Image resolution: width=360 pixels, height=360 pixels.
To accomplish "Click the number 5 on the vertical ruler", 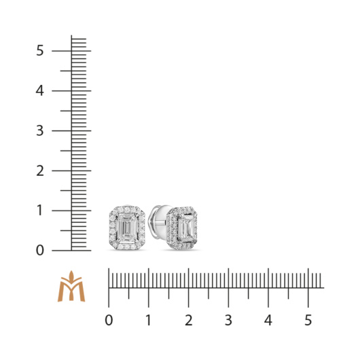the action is [39, 50].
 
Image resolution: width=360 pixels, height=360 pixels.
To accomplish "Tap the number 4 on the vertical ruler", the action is [39, 91].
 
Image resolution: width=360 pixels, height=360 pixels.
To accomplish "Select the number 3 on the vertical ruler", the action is [39, 130].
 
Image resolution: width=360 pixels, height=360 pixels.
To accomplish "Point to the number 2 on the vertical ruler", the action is [39, 170].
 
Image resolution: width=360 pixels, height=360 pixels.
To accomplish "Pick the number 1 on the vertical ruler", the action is [39, 211].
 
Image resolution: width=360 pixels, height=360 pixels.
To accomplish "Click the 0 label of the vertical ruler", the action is [39, 251].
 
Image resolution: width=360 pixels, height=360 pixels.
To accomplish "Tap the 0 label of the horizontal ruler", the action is [109, 321].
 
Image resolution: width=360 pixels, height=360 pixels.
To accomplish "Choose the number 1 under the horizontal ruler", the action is [149, 321].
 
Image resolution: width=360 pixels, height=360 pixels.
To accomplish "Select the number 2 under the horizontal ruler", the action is [189, 321].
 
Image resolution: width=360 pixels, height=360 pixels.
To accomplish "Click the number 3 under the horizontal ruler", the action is [228, 321].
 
